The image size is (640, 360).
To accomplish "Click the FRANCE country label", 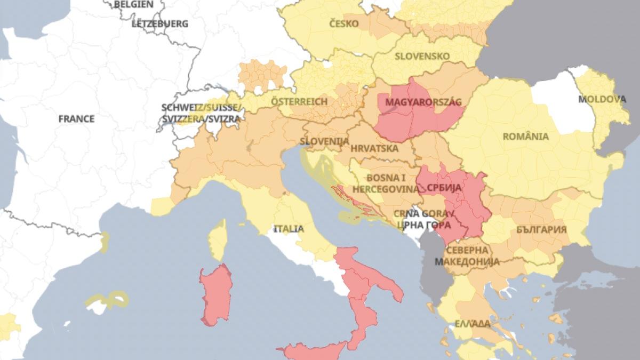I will pyautogui.click(x=76, y=118).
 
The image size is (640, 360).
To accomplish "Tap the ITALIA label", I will pyautogui.click(x=289, y=229).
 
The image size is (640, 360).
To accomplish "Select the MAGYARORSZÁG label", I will pyautogui.click(x=423, y=102).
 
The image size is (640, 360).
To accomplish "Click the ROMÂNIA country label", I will pyautogui.click(x=526, y=136).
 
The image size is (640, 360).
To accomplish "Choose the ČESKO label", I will pyautogui.click(x=343, y=24).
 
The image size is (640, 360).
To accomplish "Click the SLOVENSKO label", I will pyautogui.click(x=422, y=56).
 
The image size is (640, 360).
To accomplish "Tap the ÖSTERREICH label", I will pyautogui.click(x=299, y=101).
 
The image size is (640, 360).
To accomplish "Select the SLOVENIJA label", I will pyautogui.click(x=324, y=141).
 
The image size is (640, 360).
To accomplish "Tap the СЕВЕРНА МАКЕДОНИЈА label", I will pyautogui.click(x=467, y=255).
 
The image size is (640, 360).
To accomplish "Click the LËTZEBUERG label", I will pyautogui.click(x=159, y=23).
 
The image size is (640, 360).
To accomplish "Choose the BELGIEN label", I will pyautogui.click(x=133, y=4).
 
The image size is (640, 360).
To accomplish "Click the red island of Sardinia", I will pyautogui.click(x=215, y=294).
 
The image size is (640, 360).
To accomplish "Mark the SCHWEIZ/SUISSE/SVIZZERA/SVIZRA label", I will pyautogui.click(x=202, y=113).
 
